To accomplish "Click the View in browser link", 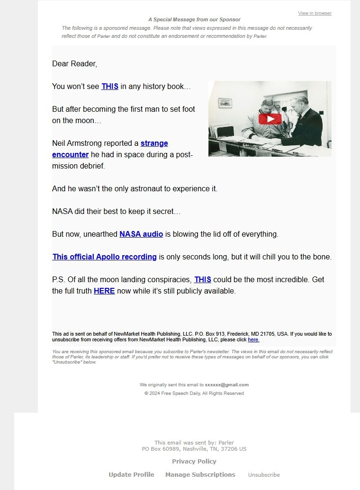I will [315, 13].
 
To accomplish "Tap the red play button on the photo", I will [270, 119].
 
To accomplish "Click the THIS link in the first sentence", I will [110, 87].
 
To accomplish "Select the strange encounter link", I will [154, 143].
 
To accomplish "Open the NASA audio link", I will [141, 234].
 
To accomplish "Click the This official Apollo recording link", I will [104, 257].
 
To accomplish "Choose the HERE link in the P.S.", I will [104, 291].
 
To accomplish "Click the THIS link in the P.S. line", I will [203, 280].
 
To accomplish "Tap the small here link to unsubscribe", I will [253, 340].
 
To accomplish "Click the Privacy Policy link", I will [194, 462].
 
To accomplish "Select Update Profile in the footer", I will [131, 475].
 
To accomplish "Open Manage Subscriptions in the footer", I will [200, 475].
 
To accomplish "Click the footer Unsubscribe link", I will [264, 475].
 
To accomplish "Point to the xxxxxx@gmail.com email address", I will [227, 385].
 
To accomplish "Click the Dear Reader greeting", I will [74, 64].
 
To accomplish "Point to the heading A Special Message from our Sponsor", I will [194, 20].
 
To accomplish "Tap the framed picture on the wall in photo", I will [225, 102].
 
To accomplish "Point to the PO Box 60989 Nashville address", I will [194, 449].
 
